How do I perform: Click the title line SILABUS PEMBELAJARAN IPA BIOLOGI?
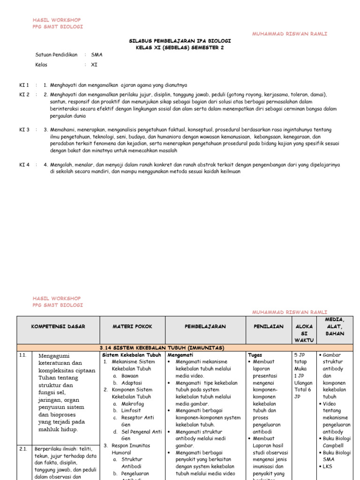(x=180, y=41)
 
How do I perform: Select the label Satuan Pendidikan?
(x=56, y=55)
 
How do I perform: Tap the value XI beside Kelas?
(x=94, y=65)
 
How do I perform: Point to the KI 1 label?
(x=24, y=85)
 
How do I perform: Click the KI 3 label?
(x=24, y=130)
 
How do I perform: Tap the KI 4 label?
(x=24, y=165)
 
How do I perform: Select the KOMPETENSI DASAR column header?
(x=58, y=327)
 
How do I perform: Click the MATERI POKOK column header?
(x=132, y=327)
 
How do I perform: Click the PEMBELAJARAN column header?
(x=205, y=327)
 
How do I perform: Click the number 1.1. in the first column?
(x=23, y=356)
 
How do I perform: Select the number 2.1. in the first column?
(x=23, y=449)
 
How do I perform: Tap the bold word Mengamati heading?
(x=180, y=355)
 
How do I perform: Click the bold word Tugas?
(x=255, y=355)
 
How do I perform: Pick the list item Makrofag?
(x=133, y=404)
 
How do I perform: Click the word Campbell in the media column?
(x=333, y=446)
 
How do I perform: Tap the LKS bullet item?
(x=328, y=467)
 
